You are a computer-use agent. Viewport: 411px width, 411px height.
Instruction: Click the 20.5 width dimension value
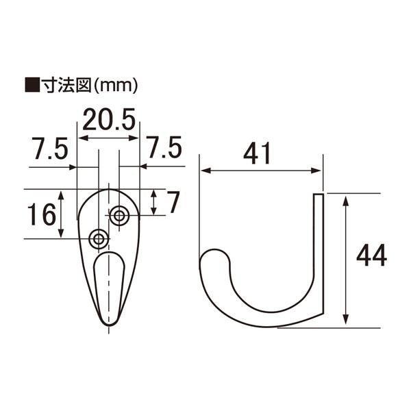(x=109, y=119)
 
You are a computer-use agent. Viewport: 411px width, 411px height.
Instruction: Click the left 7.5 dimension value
(x=50, y=149)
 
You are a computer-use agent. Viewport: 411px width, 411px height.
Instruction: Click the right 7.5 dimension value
(x=164, y=147)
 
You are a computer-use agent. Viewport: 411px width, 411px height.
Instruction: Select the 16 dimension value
(x=42, y=214)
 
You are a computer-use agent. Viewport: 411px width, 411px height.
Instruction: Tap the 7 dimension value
(x=173, y=202)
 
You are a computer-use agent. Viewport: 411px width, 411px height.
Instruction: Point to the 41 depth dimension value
(x=257, y=153)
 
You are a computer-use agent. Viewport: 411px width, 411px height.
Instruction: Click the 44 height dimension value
(x=372, y=255)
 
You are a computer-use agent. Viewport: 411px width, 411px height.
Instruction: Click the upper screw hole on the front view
(x=119, y=216)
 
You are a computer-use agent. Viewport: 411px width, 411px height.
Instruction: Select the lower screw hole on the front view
(x=99, y=239)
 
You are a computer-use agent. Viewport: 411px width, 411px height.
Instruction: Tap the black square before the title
(x=32, y=85)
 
